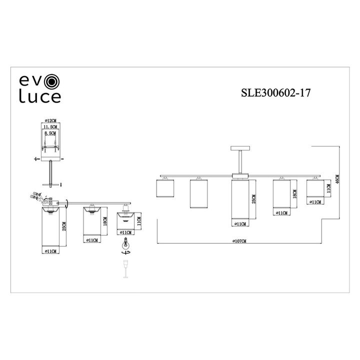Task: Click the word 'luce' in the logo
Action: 39,97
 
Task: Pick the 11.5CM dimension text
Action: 50,128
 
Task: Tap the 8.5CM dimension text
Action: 50,134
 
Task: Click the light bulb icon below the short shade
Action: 125,246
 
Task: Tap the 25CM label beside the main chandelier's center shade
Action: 254,199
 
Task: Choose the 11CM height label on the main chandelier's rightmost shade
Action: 328,188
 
